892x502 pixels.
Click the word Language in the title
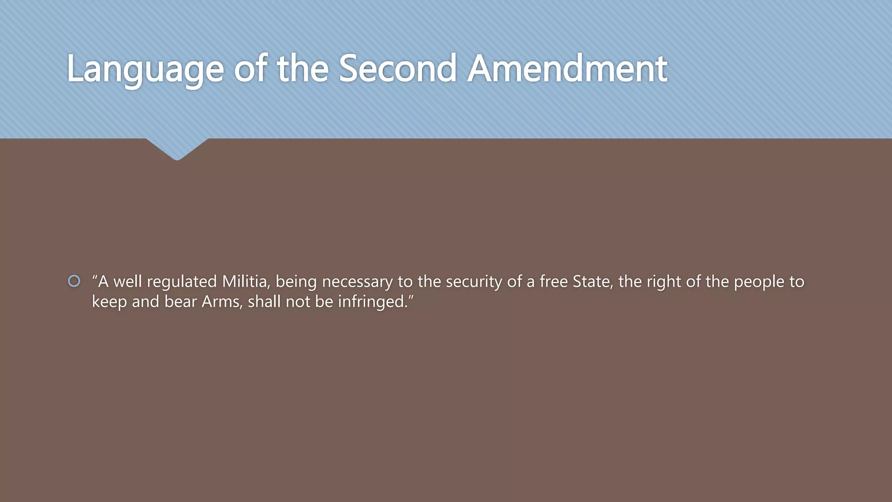pos(145,69)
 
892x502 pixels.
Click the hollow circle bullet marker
pos(74,281)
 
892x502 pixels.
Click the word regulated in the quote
pos(182,282)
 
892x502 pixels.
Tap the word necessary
pos(357,282)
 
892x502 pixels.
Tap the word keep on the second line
pos(109,302)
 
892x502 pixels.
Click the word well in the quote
pos(128,282)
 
